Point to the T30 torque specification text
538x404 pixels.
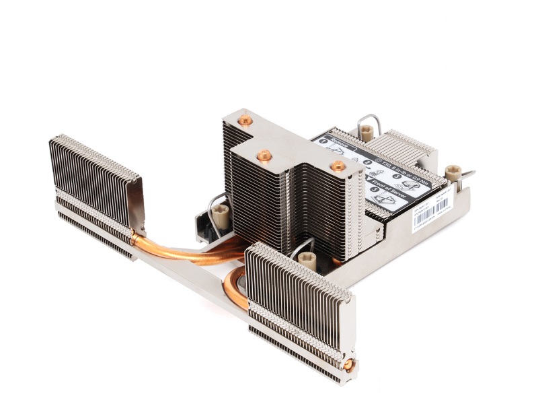pos(404,168)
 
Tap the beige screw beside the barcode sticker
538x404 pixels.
pos(453,173)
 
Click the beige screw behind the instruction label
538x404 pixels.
pos(366,132)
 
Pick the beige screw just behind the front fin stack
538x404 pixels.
pos(307,259)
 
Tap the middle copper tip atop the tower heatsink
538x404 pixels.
pos(264,155)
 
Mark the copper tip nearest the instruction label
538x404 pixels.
pos(338,166)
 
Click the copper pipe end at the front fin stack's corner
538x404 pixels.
pos(349,365)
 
